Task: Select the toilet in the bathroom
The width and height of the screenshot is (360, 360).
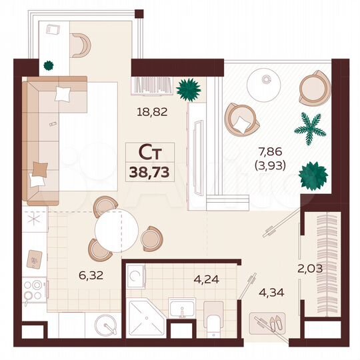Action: pos(213,318)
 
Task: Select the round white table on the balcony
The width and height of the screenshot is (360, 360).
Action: pos(266,84)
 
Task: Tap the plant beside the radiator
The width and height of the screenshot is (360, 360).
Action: pos(189,88)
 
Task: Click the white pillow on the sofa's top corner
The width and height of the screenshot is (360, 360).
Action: pos(64,93)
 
